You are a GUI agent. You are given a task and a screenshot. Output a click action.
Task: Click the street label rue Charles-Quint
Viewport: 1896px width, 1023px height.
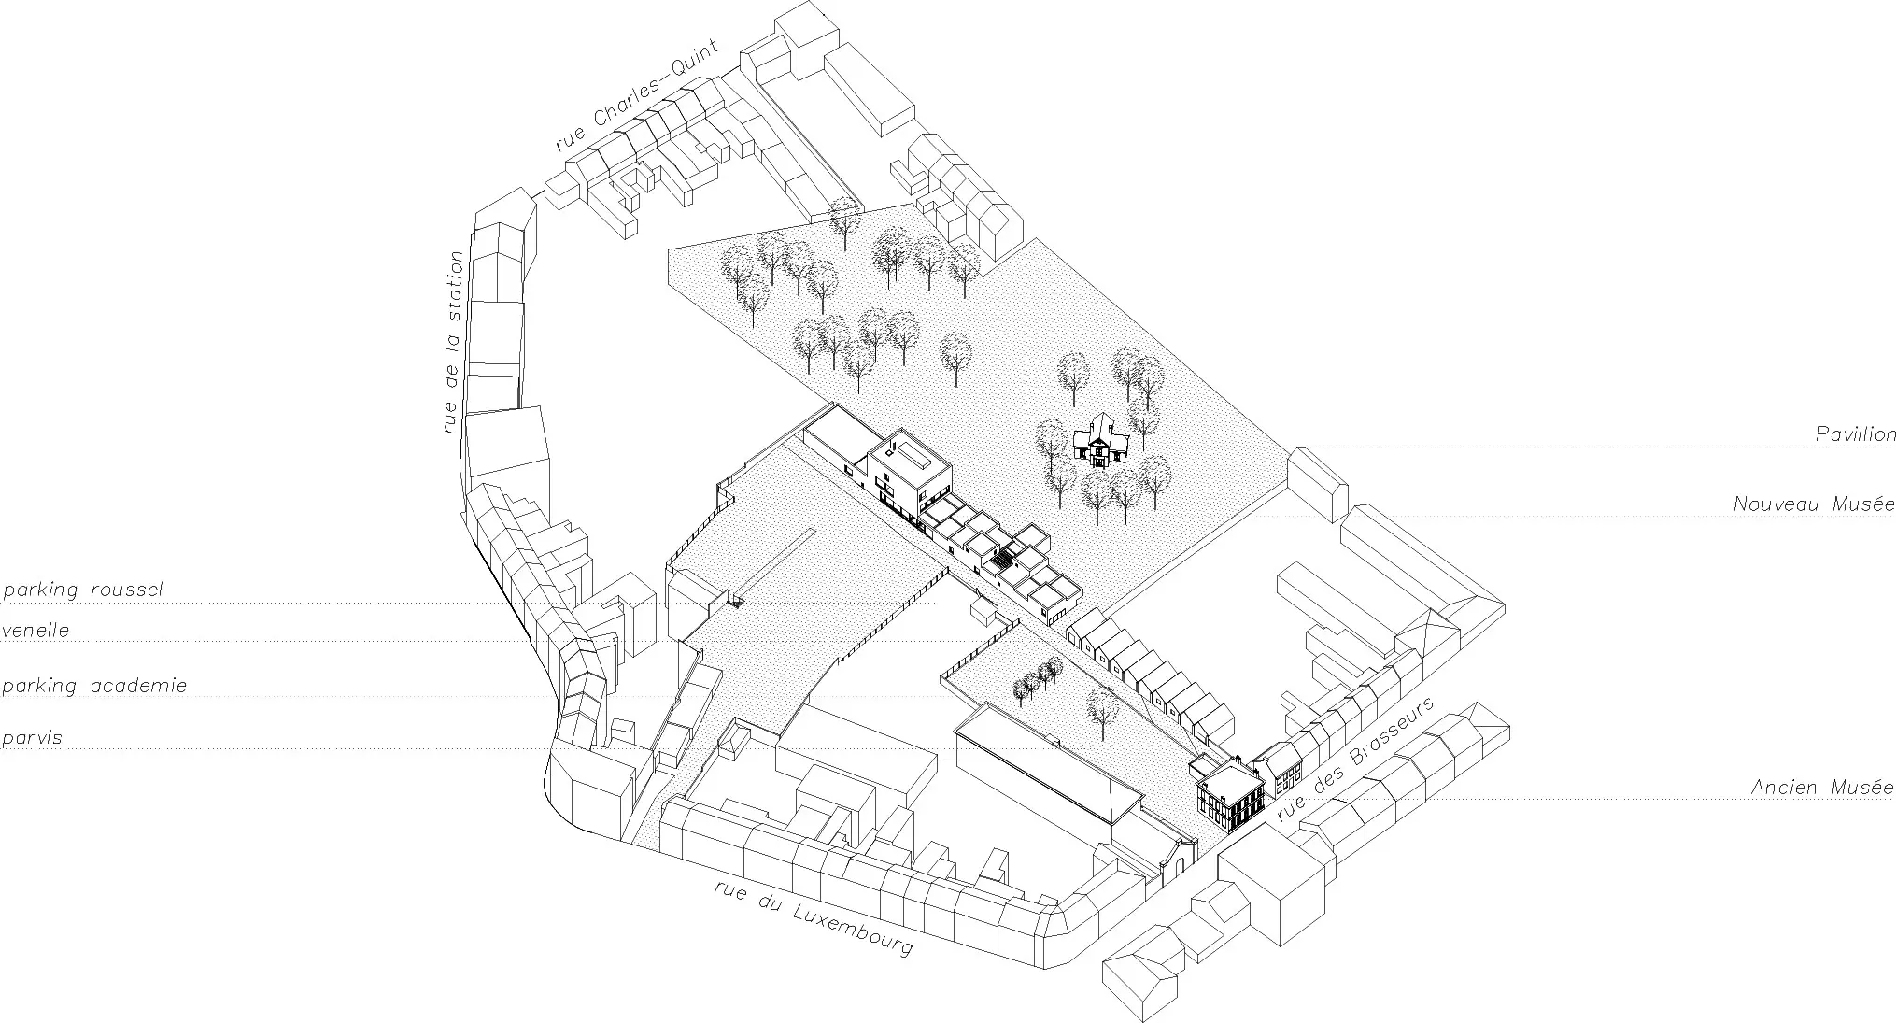(637, 96)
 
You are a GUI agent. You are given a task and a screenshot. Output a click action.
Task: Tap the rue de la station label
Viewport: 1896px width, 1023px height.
(453, 342)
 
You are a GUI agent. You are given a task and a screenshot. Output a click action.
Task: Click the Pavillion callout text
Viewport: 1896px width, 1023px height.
(1855, 434)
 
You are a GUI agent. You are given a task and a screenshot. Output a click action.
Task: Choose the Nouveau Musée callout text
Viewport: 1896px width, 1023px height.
(1814, 504)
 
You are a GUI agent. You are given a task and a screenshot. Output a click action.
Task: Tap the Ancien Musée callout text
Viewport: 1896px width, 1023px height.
(1822, 787)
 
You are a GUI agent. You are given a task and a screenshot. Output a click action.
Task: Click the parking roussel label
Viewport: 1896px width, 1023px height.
(83, 590)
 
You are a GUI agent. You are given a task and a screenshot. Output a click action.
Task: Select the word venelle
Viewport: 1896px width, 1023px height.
(36, 631)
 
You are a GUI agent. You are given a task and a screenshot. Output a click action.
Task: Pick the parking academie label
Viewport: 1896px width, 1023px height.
(95, 686)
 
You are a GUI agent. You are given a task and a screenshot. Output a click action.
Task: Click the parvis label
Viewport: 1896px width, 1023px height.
(33, 738)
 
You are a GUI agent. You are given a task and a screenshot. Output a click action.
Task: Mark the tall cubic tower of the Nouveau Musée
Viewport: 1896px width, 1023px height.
(910, 474)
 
